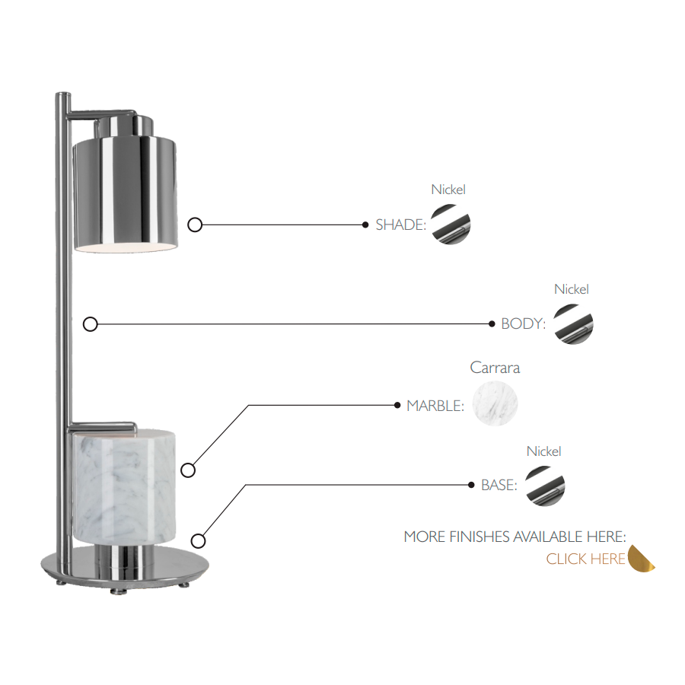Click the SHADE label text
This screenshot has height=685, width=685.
pos(400,225)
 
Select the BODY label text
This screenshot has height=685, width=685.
pos(524,324)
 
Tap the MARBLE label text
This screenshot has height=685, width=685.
pos(435,406)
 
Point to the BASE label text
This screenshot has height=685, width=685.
pos(499,485)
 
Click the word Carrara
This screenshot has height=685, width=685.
pos(495,368)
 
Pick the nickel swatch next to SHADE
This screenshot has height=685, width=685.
pos(451,225)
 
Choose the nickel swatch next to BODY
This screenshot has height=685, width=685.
pos(574,324)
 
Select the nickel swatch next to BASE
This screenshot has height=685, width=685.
pos(545,486)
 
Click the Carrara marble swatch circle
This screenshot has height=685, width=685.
pos(495,403)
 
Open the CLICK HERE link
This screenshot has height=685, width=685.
pos(585,559)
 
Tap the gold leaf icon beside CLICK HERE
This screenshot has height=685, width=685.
pos(642,559)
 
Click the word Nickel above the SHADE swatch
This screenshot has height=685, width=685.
pos(448,190)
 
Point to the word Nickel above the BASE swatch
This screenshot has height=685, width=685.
pos(544,451)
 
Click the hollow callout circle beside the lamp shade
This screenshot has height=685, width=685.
pos(195,225)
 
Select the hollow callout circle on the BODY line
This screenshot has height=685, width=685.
pos(91,324)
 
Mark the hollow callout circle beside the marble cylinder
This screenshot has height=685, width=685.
pos(188,470)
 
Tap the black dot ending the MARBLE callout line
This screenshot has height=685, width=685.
pos(397,406)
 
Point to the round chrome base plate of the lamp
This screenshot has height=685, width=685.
pos(125,567)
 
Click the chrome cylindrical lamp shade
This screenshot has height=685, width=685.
pos(126,194)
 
